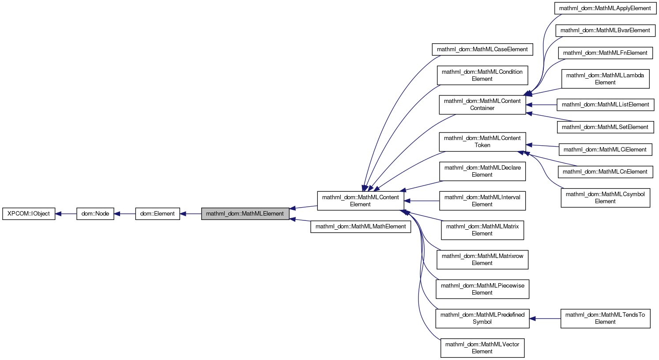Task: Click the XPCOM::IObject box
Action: coord(29,214)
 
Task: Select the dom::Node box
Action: coord(95,214)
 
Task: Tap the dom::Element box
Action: coord(158,214)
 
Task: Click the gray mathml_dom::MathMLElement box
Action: coord(245,214)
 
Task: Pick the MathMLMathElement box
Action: coord(361,227)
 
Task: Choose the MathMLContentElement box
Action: coord(360,201)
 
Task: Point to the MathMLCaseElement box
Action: coord(482,49)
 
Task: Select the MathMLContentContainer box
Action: coord(482,105)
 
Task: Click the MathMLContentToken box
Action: coord(482,142)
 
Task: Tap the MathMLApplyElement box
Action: coord(605,8)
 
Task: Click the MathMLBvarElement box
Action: coord(605,30)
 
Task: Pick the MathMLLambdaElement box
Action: coord(605,79)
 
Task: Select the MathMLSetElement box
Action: coord(605,127)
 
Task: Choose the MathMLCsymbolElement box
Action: coord(605,198)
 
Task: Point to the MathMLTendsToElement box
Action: coord(605,318)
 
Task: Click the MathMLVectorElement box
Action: coord(482,348)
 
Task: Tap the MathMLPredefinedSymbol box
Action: coord(482,318)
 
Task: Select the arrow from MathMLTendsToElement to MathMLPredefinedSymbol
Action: coord(545,318)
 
